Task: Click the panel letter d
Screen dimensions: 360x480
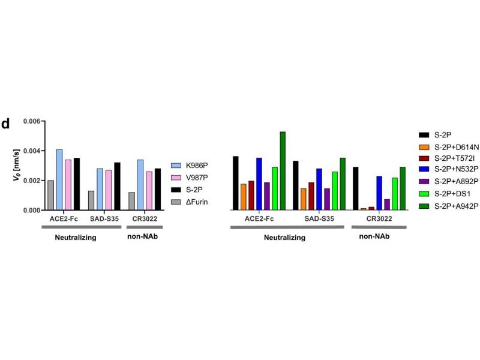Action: tap(5, 124)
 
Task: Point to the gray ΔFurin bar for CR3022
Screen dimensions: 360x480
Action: tap(131, 201)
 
